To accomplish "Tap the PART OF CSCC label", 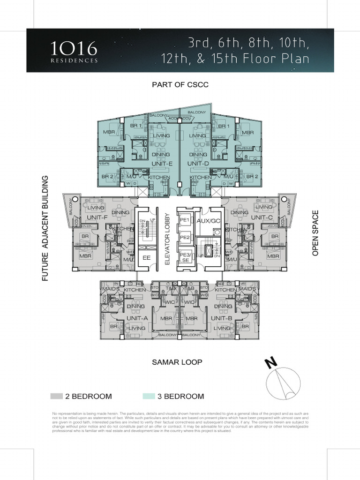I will [180, 85].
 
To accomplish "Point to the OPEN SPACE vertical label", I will [315, 233].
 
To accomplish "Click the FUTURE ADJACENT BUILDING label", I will [45, 228].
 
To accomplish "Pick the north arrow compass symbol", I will [283, 380].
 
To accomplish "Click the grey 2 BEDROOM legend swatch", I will [56, 396].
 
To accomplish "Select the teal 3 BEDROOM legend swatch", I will [149, 396].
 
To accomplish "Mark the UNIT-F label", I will [97, 218].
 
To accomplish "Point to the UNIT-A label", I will [137, 318].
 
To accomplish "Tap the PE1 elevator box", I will [185, 220].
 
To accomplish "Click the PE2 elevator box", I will [185, 238].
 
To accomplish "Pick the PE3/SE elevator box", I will [185, 257].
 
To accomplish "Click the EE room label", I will [146, 258].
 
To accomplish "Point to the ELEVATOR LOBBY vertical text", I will [167, 240].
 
